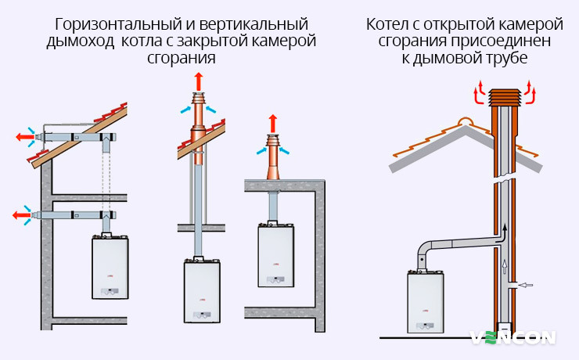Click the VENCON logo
click(x=513, y=337)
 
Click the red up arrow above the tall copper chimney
click(x=196, y=80)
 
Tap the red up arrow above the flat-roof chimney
click(x=273, y=122)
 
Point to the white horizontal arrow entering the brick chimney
click(x=527, y=285)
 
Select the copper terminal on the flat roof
click(x=273, y=160)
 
